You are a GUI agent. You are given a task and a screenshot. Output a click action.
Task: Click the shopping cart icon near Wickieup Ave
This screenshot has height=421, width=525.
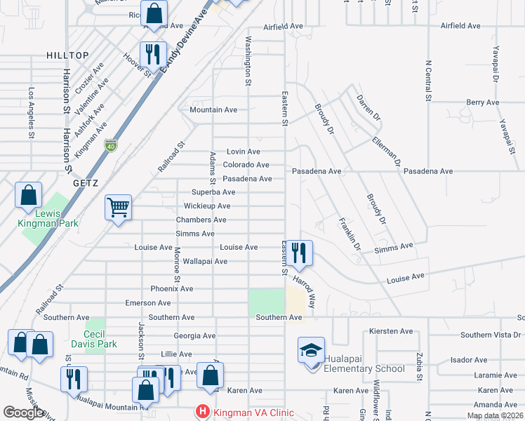pyautogui.click(x=119, y=207)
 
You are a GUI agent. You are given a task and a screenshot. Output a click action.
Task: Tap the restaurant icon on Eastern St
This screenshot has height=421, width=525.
pyautogui.click(x=300, y=253)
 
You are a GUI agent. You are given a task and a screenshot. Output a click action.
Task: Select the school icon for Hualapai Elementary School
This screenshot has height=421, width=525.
pyautogui.click(x=311, y=349)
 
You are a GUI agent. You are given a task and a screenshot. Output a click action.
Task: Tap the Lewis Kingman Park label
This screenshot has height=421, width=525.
pyautogui.click(x=49, y=218)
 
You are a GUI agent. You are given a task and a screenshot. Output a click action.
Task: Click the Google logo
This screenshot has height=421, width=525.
pyautogui.click(x=23, y=412)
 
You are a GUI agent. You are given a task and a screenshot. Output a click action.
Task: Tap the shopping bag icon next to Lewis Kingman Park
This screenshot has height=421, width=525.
pyautogui.click(x=28, y=195)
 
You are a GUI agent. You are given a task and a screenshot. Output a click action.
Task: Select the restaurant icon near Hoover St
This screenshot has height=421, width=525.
pyautogui.click(x=152, y=54)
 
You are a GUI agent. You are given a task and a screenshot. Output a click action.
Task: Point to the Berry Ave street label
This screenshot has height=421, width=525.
pyautogui.click(x=483, y=102)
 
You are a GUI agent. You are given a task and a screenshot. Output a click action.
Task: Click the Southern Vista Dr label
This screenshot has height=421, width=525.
pyautogui.click(x=491, y=335)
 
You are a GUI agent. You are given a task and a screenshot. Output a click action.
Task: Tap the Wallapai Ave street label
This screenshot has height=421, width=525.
pyautogui.click(x=205, y=261)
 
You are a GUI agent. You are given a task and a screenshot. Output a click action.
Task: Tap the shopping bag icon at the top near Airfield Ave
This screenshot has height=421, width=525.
pyautogui.click(x=154, y=13)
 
